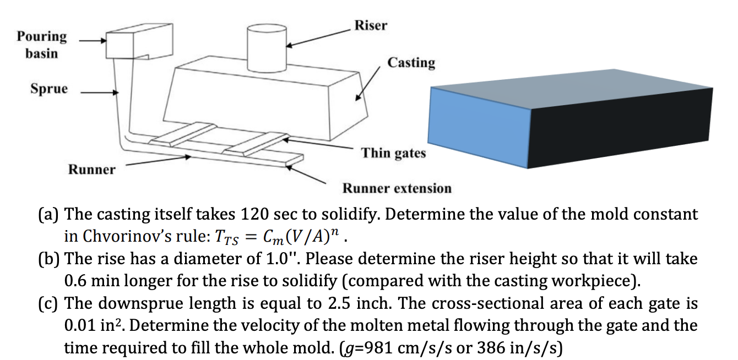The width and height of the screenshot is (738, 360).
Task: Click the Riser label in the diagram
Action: [370, 25]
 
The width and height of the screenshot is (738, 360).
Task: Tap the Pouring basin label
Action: [41, 45]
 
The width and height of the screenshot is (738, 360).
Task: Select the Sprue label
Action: [49, 89]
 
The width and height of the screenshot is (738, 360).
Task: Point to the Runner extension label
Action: [397, 188]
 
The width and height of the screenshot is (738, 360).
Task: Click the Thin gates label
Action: [393, 152]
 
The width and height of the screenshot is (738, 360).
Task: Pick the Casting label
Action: [411, 63]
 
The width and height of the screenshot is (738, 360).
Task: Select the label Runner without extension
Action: [91, 169]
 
